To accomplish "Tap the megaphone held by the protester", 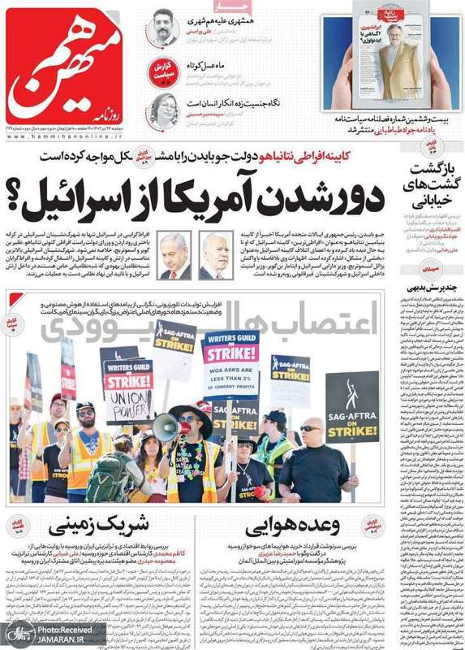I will coord(165,427).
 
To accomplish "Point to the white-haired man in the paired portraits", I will coord(214,256).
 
